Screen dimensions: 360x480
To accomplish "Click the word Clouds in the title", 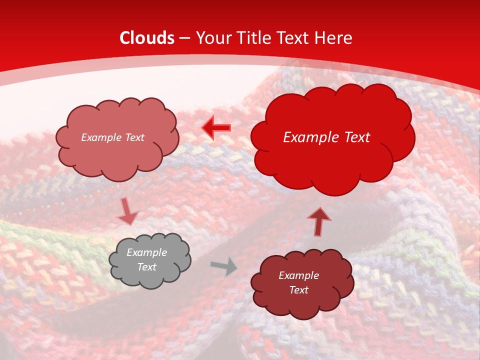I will tap(146, 38).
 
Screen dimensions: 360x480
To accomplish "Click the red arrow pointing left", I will tap(216, 128).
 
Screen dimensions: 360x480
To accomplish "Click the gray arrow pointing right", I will tap(224, 266).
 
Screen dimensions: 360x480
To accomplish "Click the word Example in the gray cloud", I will tap(147, 252).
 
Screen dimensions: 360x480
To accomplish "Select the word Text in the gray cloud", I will tap(147, 267).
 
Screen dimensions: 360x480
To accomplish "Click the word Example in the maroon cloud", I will tap(298, 275).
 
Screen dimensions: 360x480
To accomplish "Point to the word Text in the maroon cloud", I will tap(298, 290).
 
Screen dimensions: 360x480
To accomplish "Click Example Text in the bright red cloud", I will tap(326, 137).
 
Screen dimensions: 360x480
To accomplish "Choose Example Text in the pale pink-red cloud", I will tap(112, 137).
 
